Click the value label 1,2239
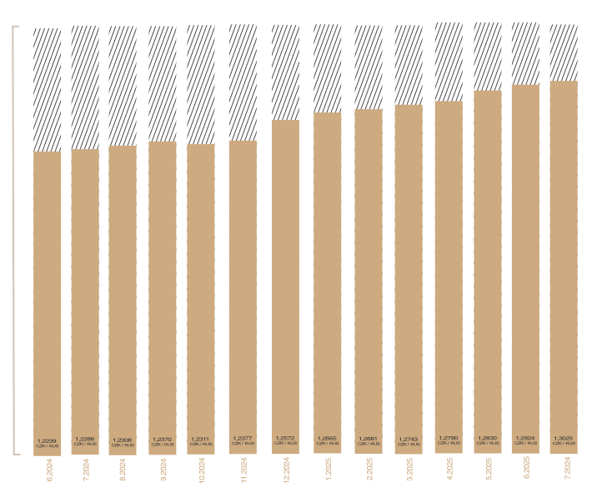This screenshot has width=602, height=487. [48, 440]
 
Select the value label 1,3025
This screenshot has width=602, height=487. [564, 437]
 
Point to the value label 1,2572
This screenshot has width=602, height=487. [285, 438]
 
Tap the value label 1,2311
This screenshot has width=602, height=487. [201, 439]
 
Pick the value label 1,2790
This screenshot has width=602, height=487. [449, 437]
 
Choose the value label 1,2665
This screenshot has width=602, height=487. [327, 438]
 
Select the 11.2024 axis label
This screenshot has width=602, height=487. [243, 469]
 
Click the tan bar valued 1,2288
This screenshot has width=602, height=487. [85, 291]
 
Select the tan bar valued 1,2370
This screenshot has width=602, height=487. [163, 291]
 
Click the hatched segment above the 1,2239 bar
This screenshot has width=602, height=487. [48, 90]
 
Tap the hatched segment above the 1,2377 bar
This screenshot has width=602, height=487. [243, 82]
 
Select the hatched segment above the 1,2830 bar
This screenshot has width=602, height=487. [488, 56]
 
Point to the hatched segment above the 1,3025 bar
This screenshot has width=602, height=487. [564, 52]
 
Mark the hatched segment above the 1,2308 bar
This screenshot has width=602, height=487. [123, 86]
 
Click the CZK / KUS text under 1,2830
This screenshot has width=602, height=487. [488, 444]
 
